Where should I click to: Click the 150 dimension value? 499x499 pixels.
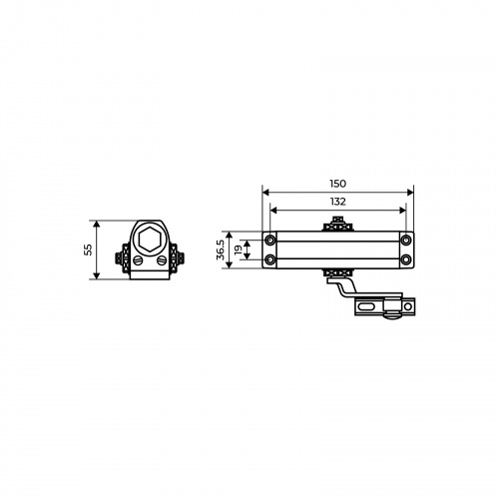click(x=337, y=184)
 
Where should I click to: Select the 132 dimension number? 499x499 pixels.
click(x=337, y=202)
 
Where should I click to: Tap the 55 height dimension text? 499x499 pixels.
click(x=88, y=249)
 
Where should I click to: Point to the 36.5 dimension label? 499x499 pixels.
click(x=221, y=249)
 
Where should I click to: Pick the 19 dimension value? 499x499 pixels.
click(x=239, y=249)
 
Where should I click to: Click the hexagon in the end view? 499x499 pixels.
click(x=150, y=240)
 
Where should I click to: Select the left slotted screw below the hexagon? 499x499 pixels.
click(x=138, y=260)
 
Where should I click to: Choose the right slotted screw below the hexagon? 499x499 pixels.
click(x=162, y=260)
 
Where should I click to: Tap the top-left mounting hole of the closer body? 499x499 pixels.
click(x=271, y=240)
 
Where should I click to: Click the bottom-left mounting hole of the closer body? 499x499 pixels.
click(x=271, y=258)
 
